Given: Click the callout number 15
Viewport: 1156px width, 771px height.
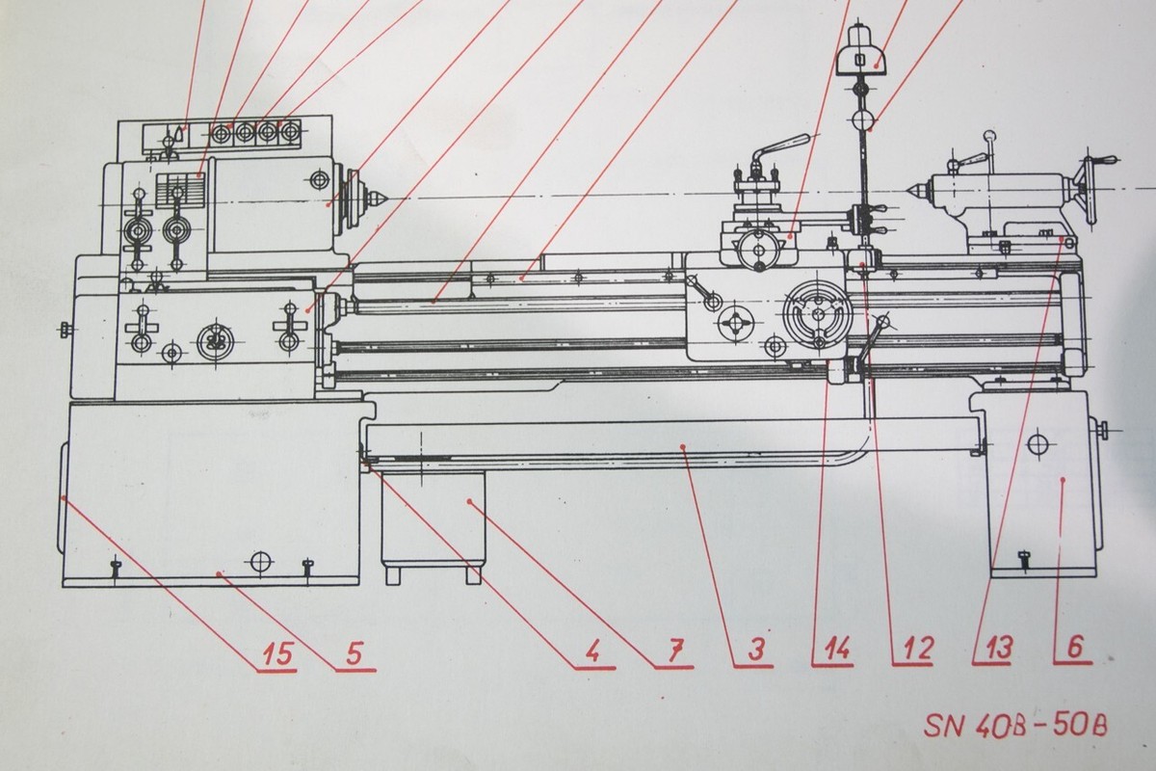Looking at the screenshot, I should point(275,652).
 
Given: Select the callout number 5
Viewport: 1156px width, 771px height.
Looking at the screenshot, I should point(354,652).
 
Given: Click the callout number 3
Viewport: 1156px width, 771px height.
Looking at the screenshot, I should point(755,652).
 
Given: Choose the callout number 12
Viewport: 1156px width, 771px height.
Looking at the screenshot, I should point(911,651).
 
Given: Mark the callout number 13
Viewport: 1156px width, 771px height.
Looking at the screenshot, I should point(992,651).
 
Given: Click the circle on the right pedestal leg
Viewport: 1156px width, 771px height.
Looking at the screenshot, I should point(1037,444).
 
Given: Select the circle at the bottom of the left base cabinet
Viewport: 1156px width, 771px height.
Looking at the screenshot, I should point(258,562).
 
